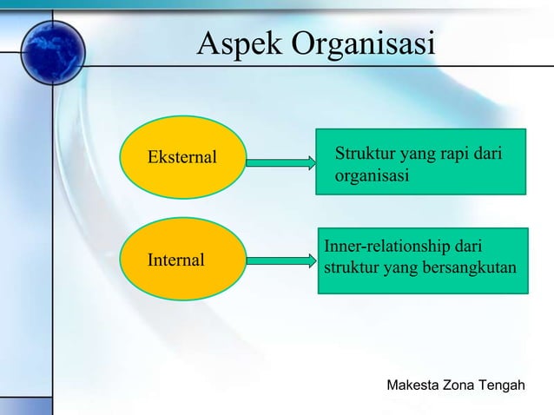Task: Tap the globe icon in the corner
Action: click(x=53, y=52)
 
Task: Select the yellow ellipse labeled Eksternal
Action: click(x=181, y=159)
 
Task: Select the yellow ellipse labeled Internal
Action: click(x=182, y=259)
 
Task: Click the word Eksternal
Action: click(x=181, y=159)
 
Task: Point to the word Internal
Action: click(x=176, y=260)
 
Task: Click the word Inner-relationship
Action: click(x=390, y=247)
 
